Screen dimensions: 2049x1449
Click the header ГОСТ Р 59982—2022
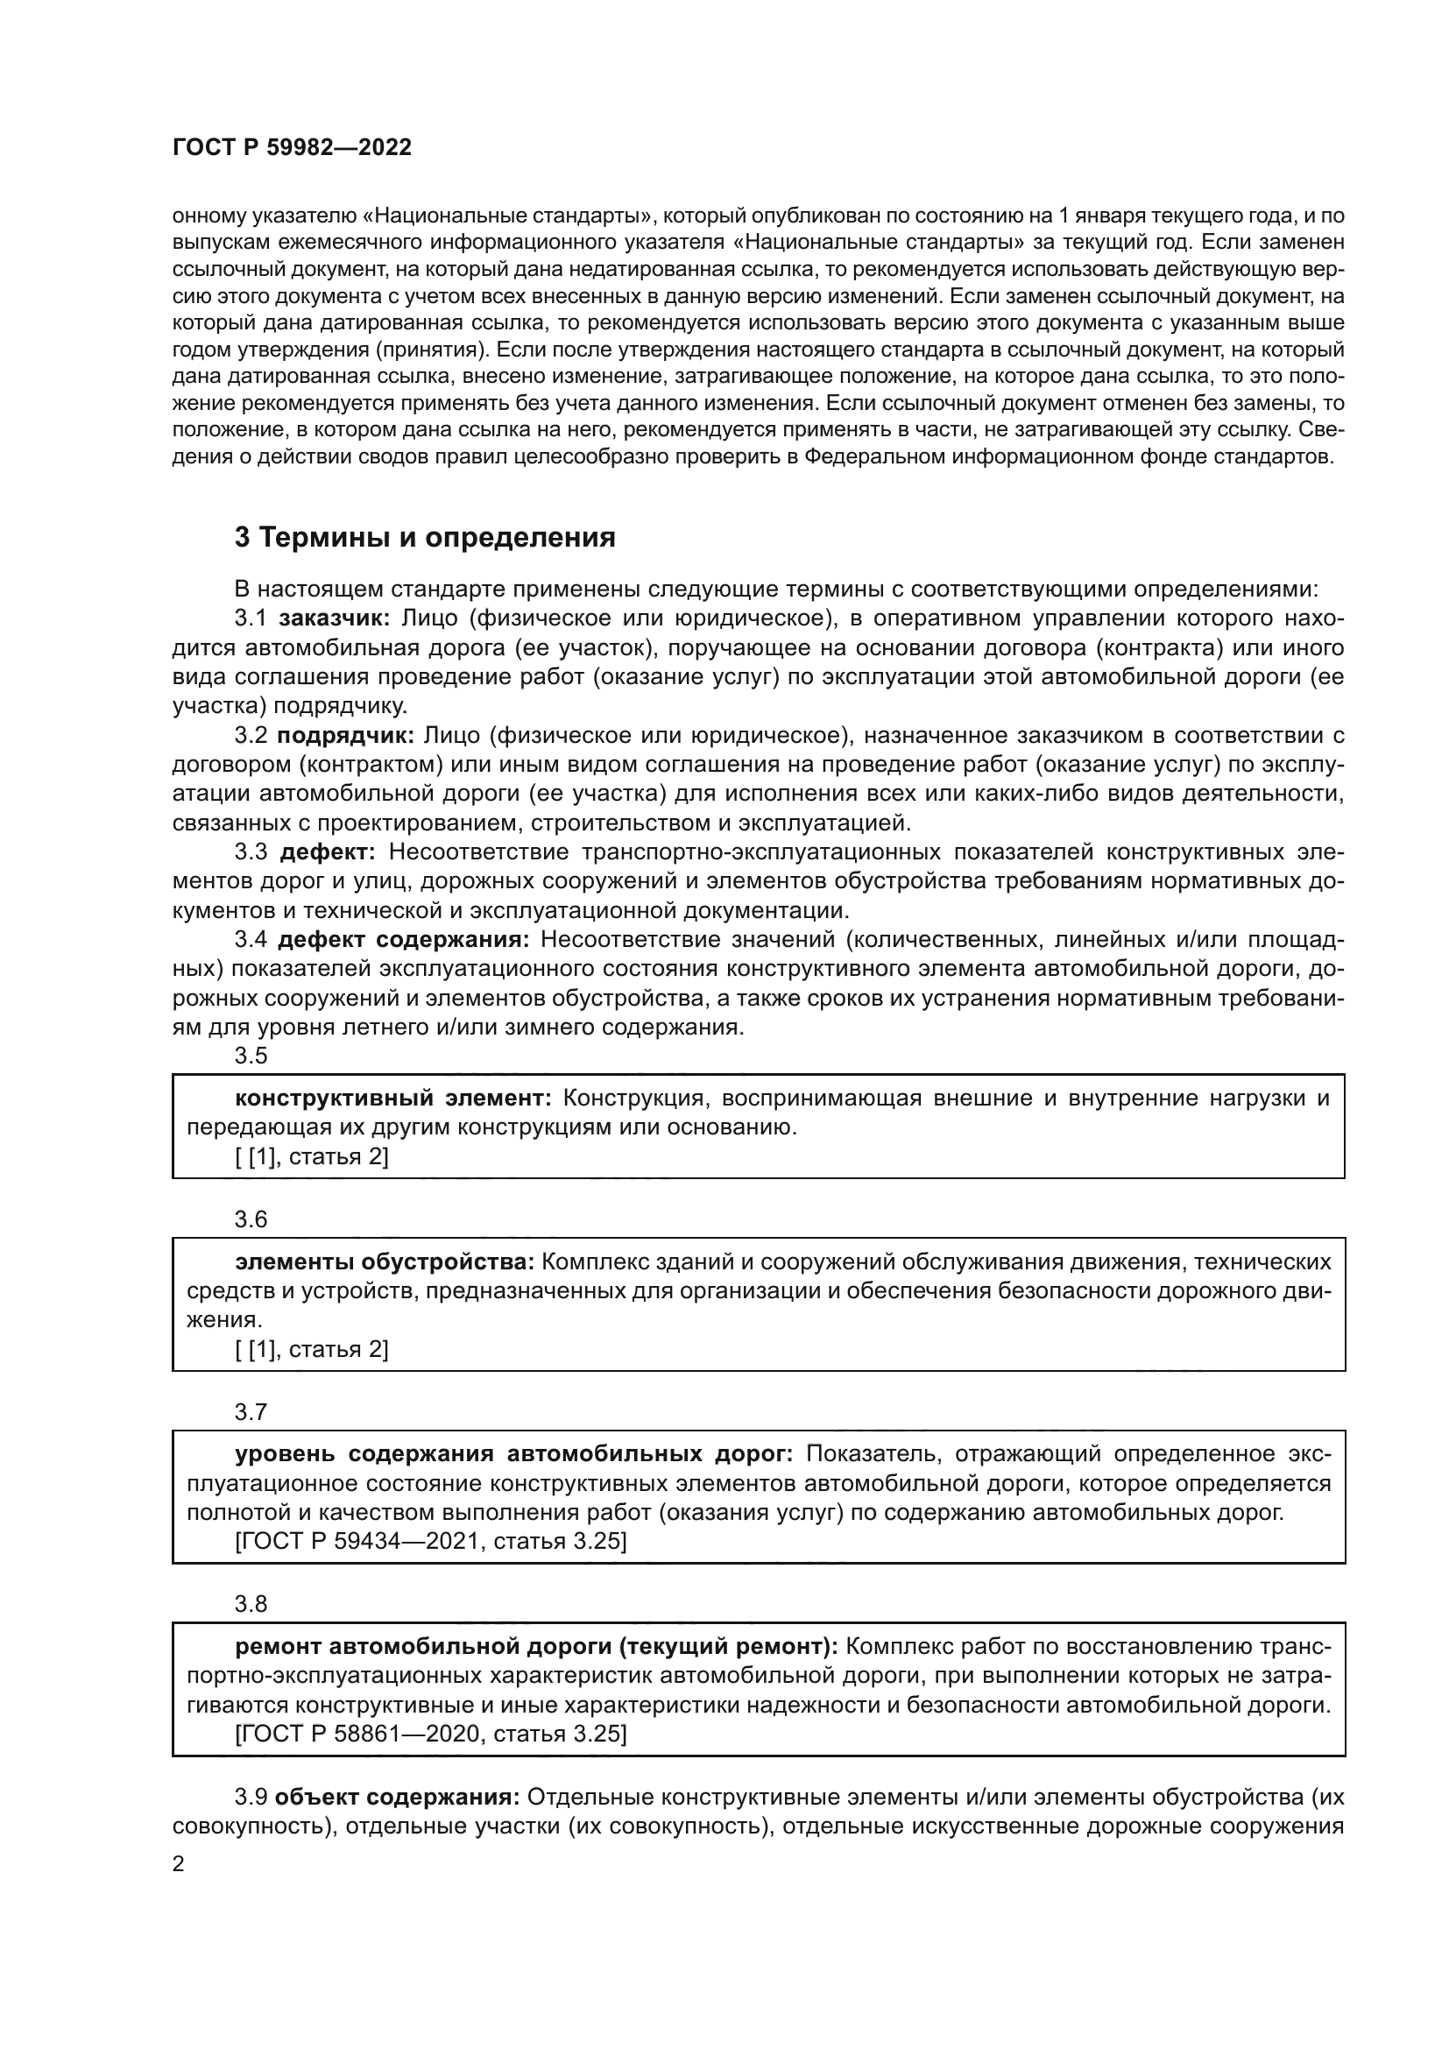pyautogui.click(x=292, y=147)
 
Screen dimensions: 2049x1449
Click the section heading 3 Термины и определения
pyautogui.click(x=425, y=537)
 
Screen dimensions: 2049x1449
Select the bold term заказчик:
pyautogui.click(x=335, y=618)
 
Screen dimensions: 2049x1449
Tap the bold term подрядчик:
pyautogui.click(x=345, y=735)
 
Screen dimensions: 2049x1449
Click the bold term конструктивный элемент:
pyautogui.click(x=393, y=1098)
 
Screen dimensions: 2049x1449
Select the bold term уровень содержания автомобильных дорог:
pyautogui.click(x=514, y=1454)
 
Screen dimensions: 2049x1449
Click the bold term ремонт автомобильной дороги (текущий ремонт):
pyautogui.click(x=535, y=1647)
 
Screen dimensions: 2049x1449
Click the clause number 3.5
pyautogui.click(x=251, y=1056)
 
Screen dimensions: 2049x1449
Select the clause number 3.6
pyautogui.click(x=251, y=1219)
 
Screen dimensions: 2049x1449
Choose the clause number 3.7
pyautogui.click(x=251, y=1412)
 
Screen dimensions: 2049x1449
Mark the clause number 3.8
pyautogui.click(x=251, y=1604)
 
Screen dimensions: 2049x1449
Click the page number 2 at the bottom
pyautogui.click(x=179, y=1864)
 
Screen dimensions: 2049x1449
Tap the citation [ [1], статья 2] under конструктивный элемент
pyautogui.click(x=311, y=1156)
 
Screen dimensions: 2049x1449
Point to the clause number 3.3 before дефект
pyautogui.click(x=251, y=852)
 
